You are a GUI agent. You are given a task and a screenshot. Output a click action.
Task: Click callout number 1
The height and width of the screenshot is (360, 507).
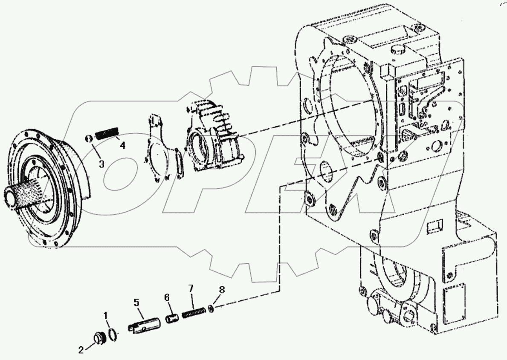click(x=107, y=316)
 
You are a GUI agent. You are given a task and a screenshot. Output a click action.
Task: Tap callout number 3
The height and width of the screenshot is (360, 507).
click(x=101, y=164)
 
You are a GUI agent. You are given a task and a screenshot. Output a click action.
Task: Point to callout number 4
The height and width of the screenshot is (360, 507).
click(x=122, y=146)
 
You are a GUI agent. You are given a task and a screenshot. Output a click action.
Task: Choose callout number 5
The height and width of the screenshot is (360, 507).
click(x=136, y=303)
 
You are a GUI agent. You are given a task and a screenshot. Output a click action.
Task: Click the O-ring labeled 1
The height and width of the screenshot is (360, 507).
click(x=112, y=334)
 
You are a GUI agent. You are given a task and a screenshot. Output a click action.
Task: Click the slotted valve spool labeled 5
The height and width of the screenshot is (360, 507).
click(x=142, y=325)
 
